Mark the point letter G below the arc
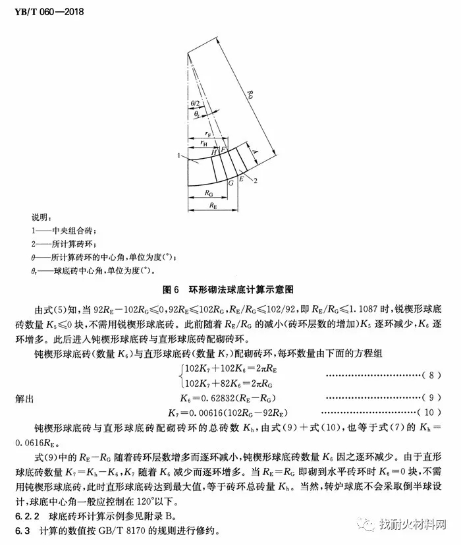230,184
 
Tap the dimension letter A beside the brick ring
256,152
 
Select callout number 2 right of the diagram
254,179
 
